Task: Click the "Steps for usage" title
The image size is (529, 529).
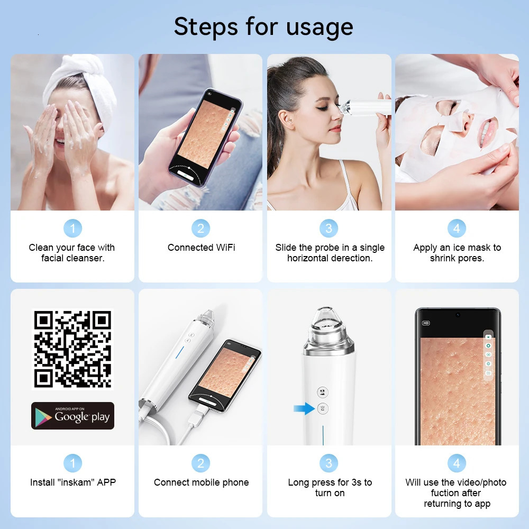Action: pos(263,26)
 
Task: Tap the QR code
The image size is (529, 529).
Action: pos(72,349)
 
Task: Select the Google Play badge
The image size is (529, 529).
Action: pos(72,416)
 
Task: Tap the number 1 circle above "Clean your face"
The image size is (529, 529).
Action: pos(72,229)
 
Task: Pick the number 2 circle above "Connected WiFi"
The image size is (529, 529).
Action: pos(200,229)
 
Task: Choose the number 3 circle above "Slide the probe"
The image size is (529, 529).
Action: pos(329,229)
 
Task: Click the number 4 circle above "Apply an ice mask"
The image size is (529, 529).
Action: pos(457,229)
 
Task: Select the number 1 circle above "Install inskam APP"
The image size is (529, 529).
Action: pos(72,463)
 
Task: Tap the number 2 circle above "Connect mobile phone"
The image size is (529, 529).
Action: pos(200,463)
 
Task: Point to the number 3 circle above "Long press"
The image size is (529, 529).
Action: pos(329,463)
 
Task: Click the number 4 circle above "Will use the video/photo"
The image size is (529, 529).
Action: pos(457,463)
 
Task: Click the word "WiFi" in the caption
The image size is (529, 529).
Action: pos(225,248)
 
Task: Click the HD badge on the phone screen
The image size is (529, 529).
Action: pos(426,323)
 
